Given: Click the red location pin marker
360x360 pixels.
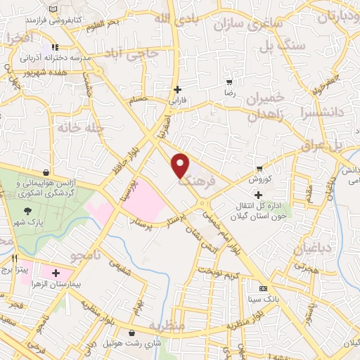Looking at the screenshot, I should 181,165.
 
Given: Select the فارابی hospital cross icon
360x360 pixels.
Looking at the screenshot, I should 177,89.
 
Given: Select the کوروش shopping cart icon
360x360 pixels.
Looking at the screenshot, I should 260,168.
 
